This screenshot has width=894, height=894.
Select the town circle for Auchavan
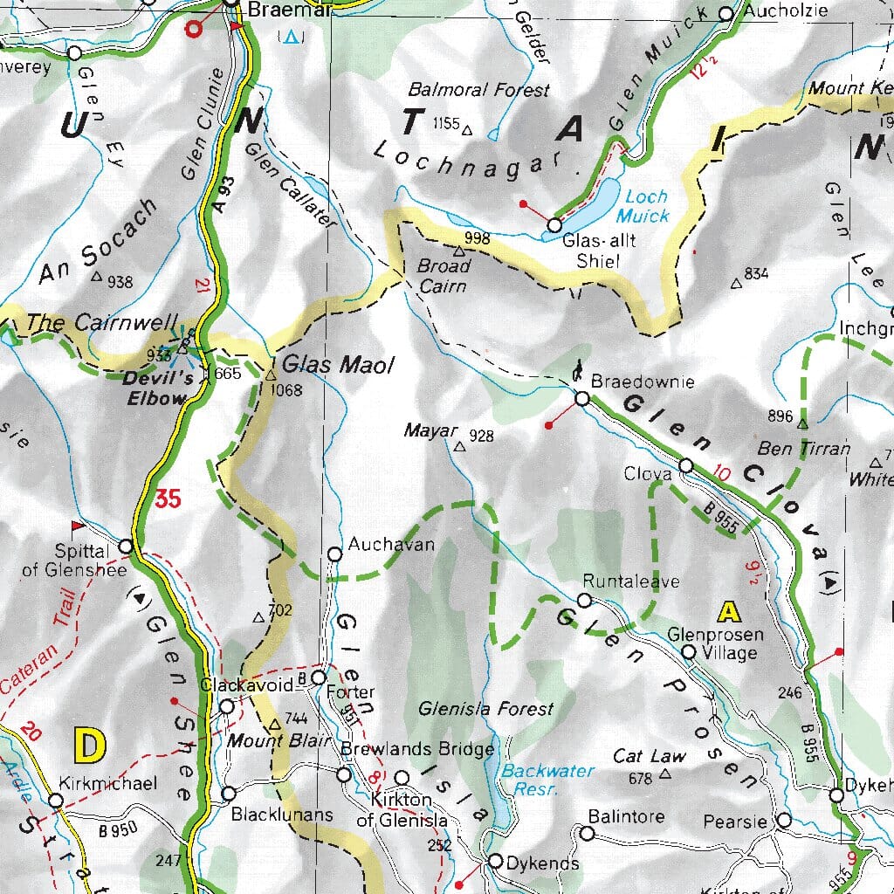pyautogui.click(x=334, y=554)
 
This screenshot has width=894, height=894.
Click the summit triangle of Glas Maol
pyautogui.click(x=271, y=375)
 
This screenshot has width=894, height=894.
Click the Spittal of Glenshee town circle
pyautogui.click(x=126, y=547)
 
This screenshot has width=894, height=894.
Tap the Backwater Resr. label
pyautogui.click(x=547, y=780)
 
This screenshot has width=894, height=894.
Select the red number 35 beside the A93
pyautogui.click(x=168, y=499)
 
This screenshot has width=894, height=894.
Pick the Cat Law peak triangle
pyautogui.click(x=665, y=774)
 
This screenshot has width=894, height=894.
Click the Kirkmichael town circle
pyautogui.click(x=56, y=801)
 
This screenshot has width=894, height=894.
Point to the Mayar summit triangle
pyautogui.click(x=459, y=447)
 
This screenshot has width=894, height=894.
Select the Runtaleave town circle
pyautogui.click(x=584, y=600)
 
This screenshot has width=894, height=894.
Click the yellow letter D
pyautogui.click(x=90, y=747)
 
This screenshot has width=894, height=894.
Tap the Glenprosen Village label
pyautogui.click(x=715, y=643)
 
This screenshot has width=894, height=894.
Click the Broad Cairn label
pyautogui.click(x=444, y=275)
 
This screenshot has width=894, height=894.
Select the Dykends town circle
pyautogui.click(x=496, y=862)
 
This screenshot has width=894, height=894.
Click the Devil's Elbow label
pyautogui.click(x=155, y=389)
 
